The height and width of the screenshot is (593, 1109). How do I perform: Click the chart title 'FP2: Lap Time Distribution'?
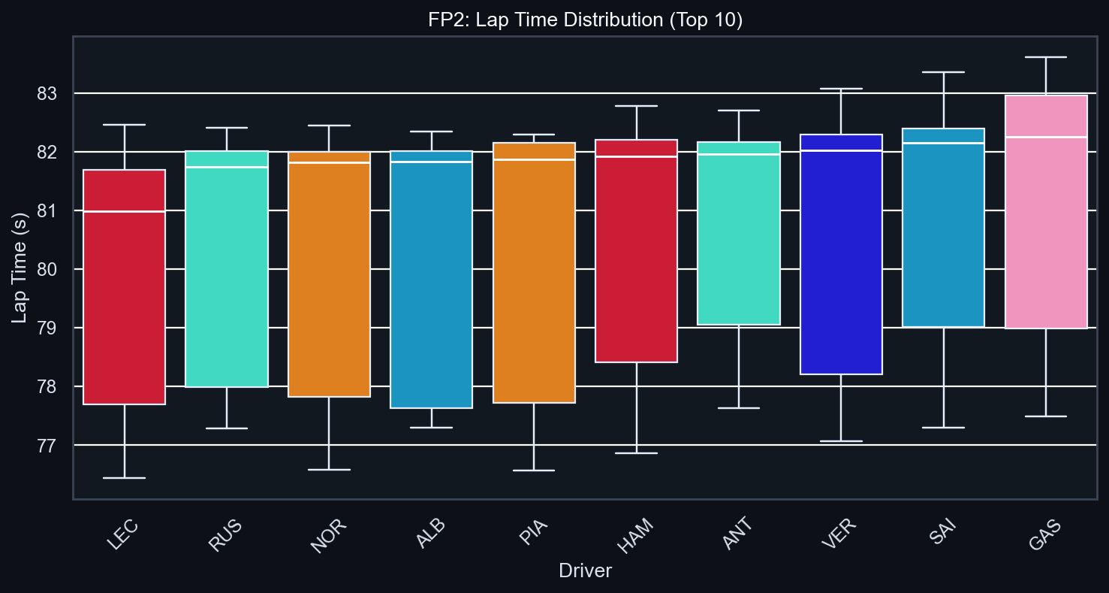[x=585, y=20]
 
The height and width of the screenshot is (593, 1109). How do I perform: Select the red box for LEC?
[x=124, y=301]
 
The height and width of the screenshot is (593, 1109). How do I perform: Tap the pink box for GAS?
[x=1046, y=248]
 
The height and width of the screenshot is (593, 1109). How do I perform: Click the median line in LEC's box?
[x=124, y=212]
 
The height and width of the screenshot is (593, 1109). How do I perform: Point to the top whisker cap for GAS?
[x=1046, y=57]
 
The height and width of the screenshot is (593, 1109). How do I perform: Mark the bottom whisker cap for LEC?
[x=124, y=478]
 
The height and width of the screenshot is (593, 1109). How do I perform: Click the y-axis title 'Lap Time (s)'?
[x=20, y=268]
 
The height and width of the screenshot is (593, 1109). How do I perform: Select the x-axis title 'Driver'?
[x=585, y=572]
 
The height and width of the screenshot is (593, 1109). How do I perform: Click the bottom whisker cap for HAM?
[x=637, y=453]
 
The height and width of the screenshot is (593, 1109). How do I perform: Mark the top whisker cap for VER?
[x=841, y=89]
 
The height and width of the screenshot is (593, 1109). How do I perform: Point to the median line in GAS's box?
[x=1046, y=138]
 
